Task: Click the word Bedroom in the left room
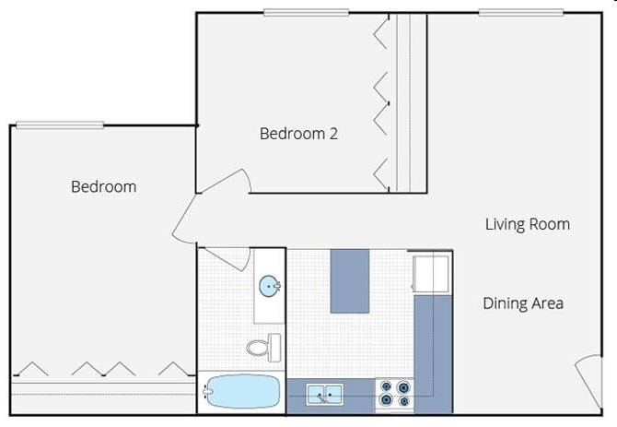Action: (x=103, y=186)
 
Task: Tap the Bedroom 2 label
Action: (x=298, y=134)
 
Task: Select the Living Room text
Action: (x=528, y=224)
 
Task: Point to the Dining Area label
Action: (x=522, y=303)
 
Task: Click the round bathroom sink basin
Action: (x=270, y=287)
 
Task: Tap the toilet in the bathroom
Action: (x=262, y=347)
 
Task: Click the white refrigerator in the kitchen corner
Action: (x=431, y=273)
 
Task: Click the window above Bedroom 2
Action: (x=306, y=13)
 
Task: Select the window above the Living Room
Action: (x=520, y=13)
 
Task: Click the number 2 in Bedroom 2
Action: (x=332, y=134)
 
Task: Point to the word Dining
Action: (x=505, y=303)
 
